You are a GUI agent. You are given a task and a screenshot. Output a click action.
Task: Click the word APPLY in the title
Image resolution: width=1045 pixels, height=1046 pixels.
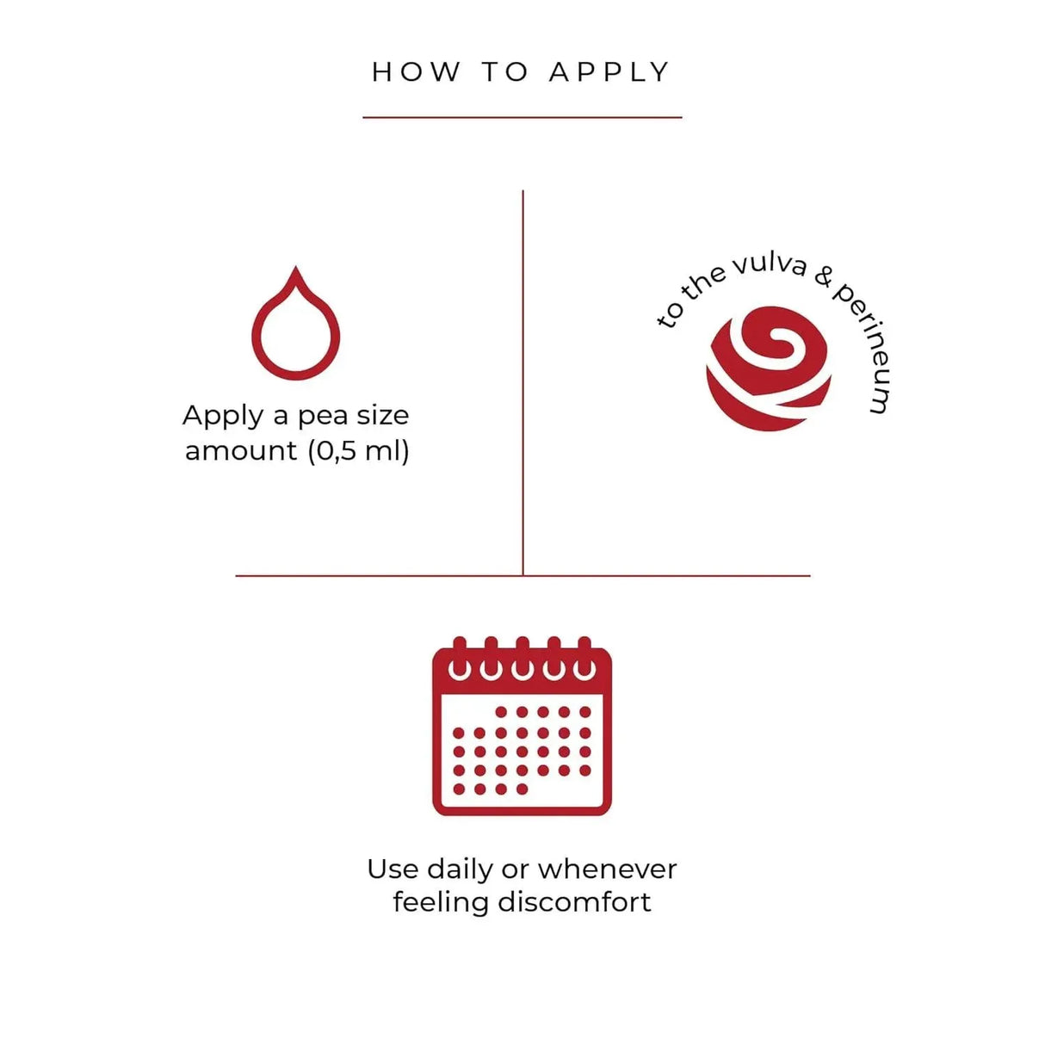[x=609, y=72]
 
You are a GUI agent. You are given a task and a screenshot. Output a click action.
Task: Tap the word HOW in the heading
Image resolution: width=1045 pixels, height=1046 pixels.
[x=417, y=72]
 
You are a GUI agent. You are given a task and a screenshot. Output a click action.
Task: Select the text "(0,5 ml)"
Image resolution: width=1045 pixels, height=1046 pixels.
[x=358, y=450]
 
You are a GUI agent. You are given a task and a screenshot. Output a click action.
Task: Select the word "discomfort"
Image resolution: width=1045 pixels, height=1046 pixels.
[x=574, y=904]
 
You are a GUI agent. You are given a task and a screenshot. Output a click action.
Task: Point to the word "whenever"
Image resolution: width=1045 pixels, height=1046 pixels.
[x=608, y=869]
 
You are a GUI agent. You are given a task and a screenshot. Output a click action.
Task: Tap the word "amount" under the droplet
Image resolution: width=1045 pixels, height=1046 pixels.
[x=242, y=451]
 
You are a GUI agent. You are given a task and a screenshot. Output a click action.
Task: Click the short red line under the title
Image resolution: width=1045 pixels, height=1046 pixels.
[x=522, y=117]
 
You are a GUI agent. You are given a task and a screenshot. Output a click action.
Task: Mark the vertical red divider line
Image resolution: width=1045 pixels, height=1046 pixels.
[x=522, y=383]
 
